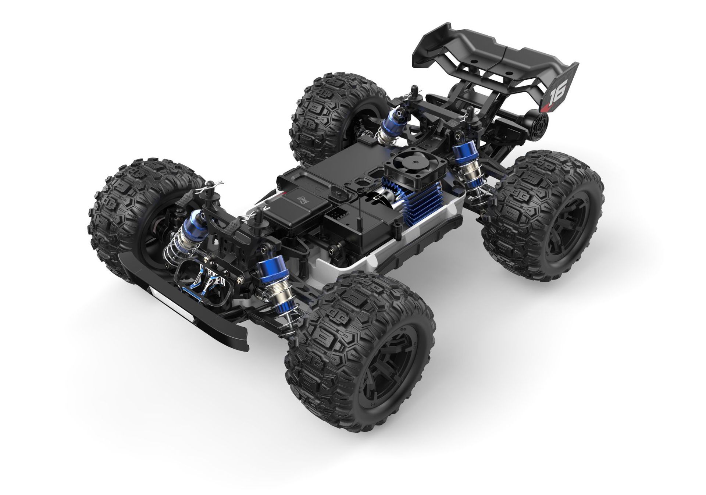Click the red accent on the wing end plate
click(545, 107)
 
